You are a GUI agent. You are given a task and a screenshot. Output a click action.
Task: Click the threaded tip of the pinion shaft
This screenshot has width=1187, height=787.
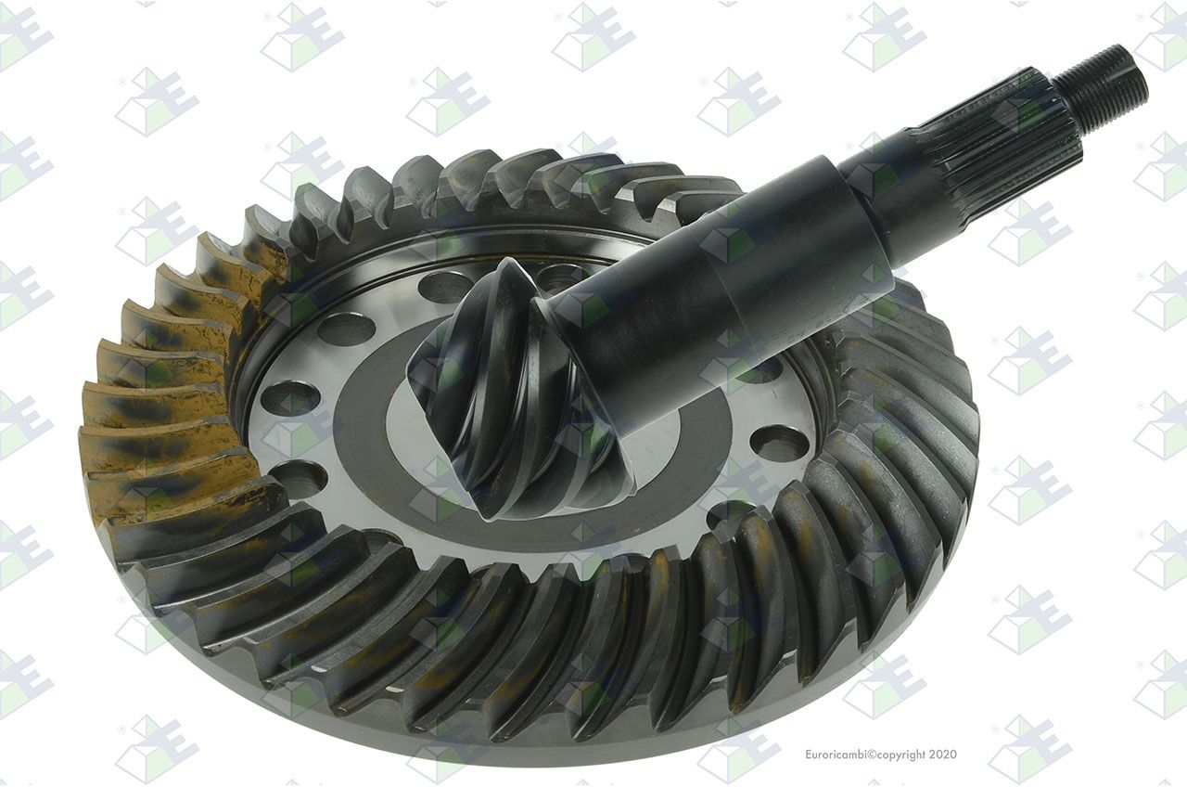pyautogui.click(x=1101, y=84)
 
